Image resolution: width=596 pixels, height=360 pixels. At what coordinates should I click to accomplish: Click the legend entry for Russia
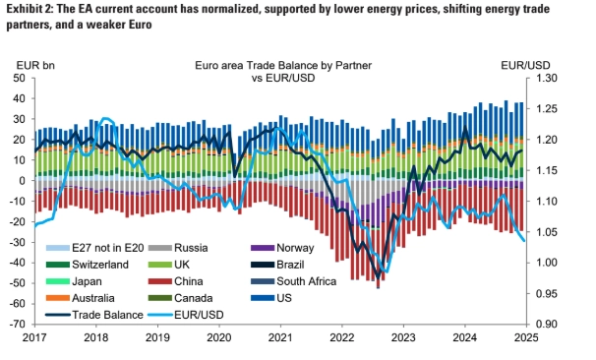[178, 248]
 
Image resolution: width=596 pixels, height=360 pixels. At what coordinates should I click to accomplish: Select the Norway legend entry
[282, 248]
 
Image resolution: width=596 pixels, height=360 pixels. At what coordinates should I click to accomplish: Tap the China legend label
[176, 281]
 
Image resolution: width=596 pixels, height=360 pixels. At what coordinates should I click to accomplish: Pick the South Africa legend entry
[293, 281]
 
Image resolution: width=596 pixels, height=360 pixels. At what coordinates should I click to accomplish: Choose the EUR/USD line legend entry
[186, 315]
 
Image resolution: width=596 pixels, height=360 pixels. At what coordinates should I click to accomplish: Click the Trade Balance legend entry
[94, 315]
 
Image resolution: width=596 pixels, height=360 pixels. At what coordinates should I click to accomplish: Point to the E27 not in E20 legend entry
[95, 248]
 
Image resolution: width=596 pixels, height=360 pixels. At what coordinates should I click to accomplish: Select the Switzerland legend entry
[88, 265]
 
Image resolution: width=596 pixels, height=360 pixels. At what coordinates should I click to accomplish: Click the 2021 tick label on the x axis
[280, 337]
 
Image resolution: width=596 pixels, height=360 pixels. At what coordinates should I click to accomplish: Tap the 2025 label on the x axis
[526, 337]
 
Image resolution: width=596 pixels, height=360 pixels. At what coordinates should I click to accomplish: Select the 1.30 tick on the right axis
[546, 79]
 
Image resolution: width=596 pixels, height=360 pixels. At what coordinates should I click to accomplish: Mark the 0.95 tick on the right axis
[546, 293]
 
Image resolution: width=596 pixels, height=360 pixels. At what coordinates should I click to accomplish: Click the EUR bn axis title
[35, 65]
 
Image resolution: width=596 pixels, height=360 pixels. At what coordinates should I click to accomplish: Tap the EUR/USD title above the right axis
[525, 65]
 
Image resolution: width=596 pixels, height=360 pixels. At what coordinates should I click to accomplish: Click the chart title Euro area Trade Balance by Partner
[283, 65]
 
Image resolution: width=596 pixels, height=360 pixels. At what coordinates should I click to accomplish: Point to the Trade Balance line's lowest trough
[379, 279]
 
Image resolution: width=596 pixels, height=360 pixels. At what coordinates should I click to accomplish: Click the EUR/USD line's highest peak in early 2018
[105, 119]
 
